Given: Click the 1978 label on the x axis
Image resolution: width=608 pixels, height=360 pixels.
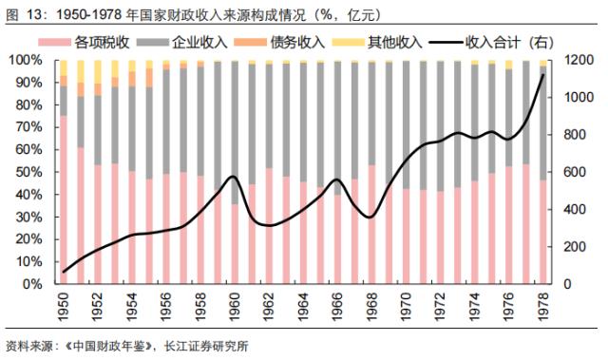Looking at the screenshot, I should tap(542, 307).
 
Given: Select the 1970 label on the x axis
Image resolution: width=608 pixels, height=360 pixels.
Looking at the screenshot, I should tap(406, 307).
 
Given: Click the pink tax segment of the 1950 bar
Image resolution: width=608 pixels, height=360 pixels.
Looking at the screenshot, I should tap(64, 199).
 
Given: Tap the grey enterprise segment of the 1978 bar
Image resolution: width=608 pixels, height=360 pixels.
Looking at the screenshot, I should tap(542, 123).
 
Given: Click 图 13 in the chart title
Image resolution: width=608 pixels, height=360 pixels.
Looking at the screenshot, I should tap(22, 13).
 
